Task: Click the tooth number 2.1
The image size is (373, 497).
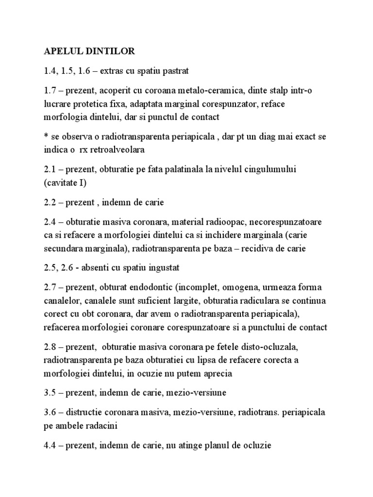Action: tap(50, 169)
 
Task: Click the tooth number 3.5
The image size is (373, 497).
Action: tap(50, 392)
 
